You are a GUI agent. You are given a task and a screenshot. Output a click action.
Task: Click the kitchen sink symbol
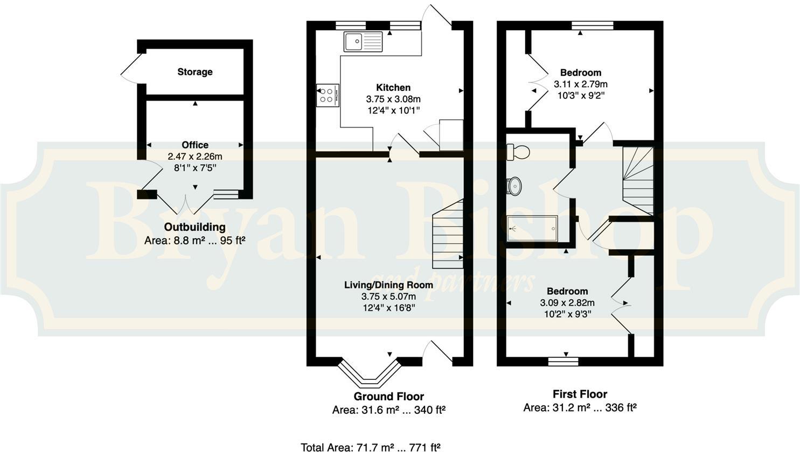tap(363, 41)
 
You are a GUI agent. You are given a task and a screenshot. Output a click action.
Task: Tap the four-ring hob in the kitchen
tap(327, 95)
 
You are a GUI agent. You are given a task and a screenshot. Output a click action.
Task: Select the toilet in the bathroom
tap(518, 152)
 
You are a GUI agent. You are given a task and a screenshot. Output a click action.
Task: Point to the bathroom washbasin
tap(514, 186)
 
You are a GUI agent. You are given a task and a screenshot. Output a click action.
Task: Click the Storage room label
tap(195, 72)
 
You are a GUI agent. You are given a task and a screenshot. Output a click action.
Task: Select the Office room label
tap(195, 145)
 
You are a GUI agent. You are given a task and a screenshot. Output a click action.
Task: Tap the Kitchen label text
tap(393, 88)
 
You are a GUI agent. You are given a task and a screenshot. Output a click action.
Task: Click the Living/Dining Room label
tap(388, 285)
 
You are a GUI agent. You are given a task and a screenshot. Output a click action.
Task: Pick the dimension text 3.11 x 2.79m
tap(581, 84)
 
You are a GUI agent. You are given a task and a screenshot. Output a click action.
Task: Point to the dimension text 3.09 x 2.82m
tap(567, 303)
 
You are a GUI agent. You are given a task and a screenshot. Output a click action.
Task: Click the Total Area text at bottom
tap(371, 447)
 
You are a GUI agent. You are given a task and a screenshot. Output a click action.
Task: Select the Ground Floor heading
tap(388, 397)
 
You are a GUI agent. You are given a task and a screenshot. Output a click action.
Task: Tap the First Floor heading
tap(580, 394)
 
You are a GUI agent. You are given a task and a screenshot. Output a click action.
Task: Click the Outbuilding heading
tap(195, 227)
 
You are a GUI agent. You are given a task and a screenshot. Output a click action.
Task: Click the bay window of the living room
tap(370, 374)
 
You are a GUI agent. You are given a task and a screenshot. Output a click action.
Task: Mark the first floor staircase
tap(638, 180)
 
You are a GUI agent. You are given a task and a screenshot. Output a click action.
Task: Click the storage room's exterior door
tap(131, 69)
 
